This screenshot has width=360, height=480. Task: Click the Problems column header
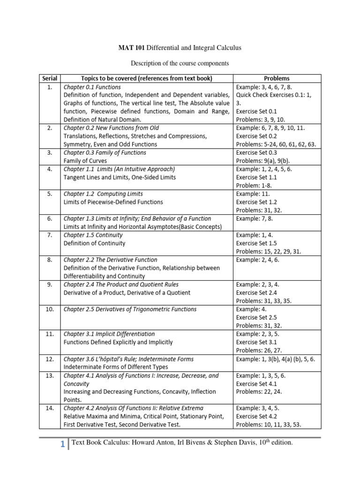coord(277,78)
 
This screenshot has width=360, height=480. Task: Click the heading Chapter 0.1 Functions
coord(92,87)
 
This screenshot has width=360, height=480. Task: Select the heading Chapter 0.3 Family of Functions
coord(105,152)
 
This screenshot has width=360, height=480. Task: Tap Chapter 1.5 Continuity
coord(93,235)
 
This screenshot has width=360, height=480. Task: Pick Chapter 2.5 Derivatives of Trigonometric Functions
coord(130,309)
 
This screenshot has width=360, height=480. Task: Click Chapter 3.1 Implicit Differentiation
coord(109,334)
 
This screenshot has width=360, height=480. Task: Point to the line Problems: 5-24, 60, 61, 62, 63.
coord(276,144)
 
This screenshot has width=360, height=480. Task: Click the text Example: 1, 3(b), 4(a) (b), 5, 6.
coord(276,359)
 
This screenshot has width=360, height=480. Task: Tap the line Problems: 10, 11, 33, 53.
coord(269,425)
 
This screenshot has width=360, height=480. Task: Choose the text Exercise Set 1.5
coord(257,243)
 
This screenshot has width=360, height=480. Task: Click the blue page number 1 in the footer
coord(62,445)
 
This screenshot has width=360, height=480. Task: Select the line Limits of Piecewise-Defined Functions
coord(113,202)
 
